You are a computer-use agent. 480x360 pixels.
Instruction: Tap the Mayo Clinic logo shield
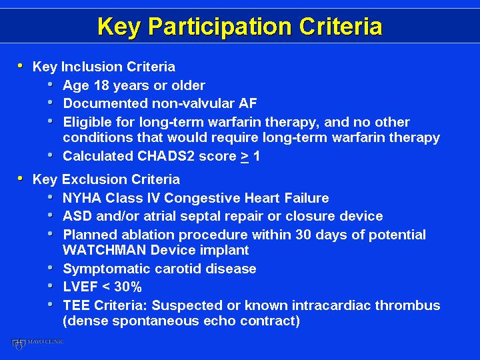pos(18,344)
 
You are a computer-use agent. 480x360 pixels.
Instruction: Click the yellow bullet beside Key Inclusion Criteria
pos(20,65)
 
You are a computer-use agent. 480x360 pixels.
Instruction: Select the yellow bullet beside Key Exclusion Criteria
pos(20,178)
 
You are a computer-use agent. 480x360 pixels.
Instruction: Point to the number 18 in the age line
pos(101,85)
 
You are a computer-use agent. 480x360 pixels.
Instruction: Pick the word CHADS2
pos(165,156)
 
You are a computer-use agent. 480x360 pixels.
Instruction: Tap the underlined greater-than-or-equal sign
pos(245,157)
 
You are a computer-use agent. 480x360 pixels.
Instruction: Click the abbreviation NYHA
pos(82,198)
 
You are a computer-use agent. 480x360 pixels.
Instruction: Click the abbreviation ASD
pos(77,216)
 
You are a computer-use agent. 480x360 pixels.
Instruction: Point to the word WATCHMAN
pos(105,250)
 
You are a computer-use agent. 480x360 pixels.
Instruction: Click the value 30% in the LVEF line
pos(127,287)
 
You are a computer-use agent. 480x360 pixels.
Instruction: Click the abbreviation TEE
pos(76,305)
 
